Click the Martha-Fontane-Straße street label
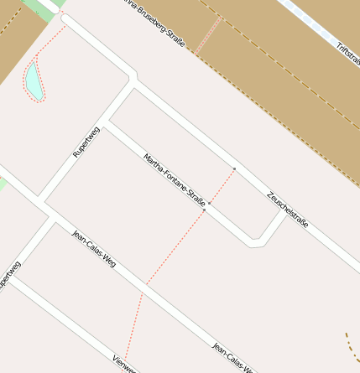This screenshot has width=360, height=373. click(175, 179)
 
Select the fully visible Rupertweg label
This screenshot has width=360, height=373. click(86, 142)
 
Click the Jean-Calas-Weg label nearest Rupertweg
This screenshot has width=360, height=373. click(94, 249)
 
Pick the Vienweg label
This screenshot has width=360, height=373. click(123, 364)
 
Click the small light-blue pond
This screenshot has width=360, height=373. click(33, 79)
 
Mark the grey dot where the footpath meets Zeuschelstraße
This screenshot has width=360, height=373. click(234, 169)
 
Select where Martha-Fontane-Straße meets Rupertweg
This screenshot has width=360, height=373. click(107, 122)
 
